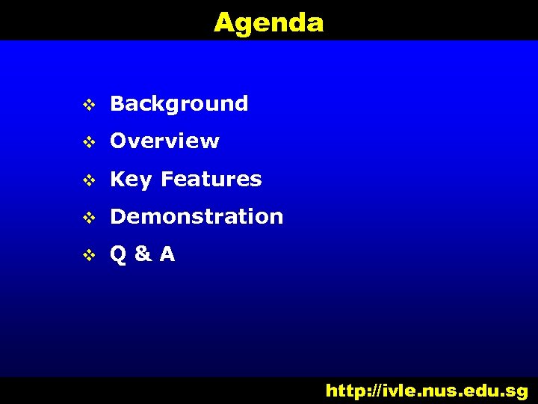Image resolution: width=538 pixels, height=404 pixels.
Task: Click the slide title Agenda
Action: click(x=268, y=22)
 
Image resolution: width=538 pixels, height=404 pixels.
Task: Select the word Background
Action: click(x=179, y=103)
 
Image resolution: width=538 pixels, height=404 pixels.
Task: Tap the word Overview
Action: click(x=164, y=141)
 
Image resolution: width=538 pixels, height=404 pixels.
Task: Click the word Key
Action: click(x=131, y=180)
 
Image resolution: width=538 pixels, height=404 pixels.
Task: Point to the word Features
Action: click(x=211, y=179)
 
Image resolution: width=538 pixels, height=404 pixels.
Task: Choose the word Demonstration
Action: click(x=197, y=217)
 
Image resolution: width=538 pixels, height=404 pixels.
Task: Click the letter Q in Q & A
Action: click(x=118, y=254)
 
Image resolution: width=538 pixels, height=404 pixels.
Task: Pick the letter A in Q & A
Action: click(x=167, y=254)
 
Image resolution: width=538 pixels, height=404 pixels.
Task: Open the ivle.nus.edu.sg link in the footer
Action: click(x=427, y=391)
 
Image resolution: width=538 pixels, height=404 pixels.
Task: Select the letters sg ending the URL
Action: click(x=516, y=391)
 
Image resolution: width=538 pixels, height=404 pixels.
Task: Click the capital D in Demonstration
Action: click(x=118, y=217)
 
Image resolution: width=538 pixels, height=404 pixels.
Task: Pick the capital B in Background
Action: click(x=117, y=103)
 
